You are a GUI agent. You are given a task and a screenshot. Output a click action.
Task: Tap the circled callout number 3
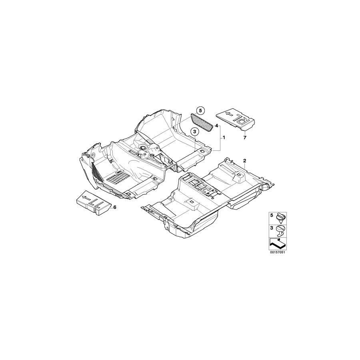tap(194, 132)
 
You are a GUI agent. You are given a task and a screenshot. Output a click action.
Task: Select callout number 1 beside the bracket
tap(224, 138)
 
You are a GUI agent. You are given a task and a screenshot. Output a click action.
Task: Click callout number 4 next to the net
tap(216, 126)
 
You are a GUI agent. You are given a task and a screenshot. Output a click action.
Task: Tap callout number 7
tap(244, 138)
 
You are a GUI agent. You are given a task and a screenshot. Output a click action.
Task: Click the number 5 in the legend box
tap(271, 216)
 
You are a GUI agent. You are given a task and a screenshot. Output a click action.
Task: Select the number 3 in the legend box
tap(271, 228)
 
